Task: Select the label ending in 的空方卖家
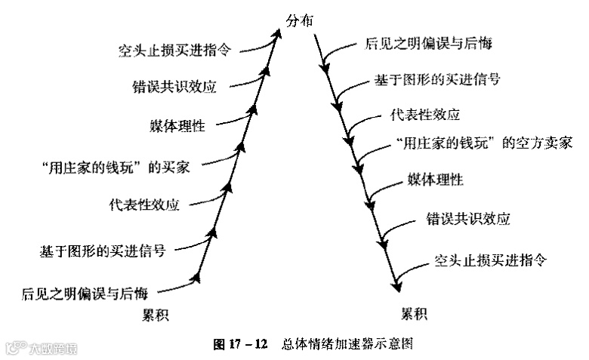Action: click(x=483, y=142)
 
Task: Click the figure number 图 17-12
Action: click(x=241, y=343)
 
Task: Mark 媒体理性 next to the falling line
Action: click(x=436, y=180)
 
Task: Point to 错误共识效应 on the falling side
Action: click(x=469, y=220)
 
